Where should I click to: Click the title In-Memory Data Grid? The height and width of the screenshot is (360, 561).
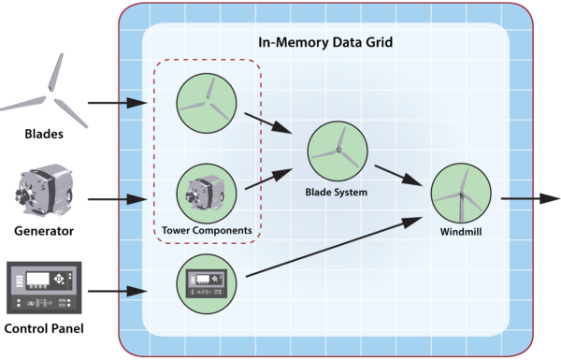[324, 42]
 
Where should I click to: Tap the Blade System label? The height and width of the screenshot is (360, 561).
[337, 193]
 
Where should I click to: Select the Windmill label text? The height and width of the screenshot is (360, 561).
[462, 231]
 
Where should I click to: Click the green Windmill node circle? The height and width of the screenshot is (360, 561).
[461, 194]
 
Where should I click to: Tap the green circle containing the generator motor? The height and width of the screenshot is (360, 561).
[206, 192]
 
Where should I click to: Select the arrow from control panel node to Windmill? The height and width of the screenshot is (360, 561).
[327, 248]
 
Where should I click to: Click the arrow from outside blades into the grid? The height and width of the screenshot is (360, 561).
[117, 101]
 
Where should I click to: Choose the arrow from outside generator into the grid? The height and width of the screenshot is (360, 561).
[117, 198]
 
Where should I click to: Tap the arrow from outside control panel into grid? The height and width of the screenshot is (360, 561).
[117, 292]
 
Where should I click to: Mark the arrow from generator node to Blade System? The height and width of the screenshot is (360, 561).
[266, 180]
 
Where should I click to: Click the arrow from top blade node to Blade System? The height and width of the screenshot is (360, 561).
[266, 123]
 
